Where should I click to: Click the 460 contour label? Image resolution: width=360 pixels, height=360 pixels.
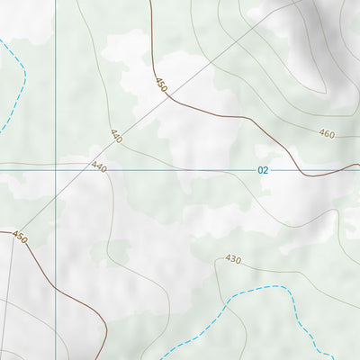[326, 133]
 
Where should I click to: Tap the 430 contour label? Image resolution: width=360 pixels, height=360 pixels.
[233, 259]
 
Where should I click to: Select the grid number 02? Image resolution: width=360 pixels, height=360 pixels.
[263, 169]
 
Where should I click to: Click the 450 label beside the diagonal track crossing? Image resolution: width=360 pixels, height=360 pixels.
[161, 85]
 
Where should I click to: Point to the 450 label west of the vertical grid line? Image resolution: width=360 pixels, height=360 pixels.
[20, 238]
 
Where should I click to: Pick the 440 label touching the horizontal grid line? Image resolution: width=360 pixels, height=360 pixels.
[99, 167]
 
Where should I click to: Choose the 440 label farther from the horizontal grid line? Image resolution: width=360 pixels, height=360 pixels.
[116, 136]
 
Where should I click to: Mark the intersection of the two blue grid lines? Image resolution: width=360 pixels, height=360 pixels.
[56, 167]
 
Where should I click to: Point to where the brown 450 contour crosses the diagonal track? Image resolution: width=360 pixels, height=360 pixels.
[167, 96]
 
